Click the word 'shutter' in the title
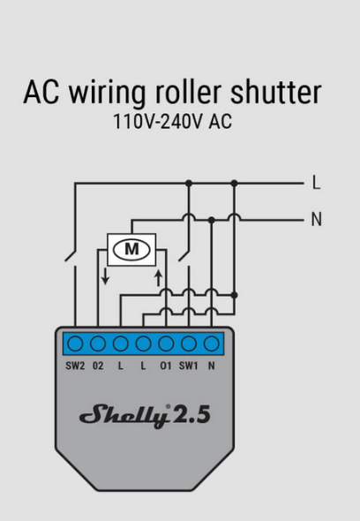[x=276, y=92]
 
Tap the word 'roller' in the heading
[x=188, y=92]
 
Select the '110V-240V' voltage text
[x=158, y=121]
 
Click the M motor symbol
[x=131, y=249]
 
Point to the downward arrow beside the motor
[x=105, y=276]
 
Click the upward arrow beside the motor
[x=159, y=278]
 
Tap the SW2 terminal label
[x=75, y=366]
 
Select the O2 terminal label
[x=98, y=366]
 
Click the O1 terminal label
[x=166, y=366]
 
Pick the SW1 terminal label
[x=188, y=366]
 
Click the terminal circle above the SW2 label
[x=75, y=344]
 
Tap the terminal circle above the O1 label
[x=166, y=344]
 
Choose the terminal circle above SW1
[x=189, y=344]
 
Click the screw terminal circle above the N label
[x=212, y=344]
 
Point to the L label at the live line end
[x=317, y=183]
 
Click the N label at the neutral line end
[x=317, y=219]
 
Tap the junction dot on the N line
[x=212, y=220]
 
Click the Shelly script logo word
[x=123, y=415]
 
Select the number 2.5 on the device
[x=191, y=415]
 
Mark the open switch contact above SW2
[x=71, y=255]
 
